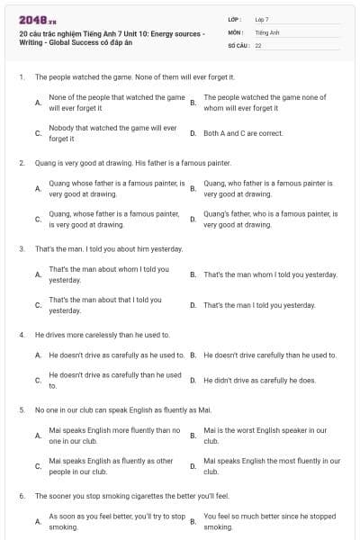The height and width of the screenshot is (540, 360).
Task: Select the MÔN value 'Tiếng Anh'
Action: [265, 31]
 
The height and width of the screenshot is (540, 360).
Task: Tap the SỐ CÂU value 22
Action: [258, 44]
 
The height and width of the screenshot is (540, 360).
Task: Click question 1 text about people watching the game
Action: [131, 77]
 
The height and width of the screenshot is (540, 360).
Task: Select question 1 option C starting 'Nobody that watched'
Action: [112, 133]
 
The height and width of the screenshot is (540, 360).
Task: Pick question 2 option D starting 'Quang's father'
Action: [270, 219]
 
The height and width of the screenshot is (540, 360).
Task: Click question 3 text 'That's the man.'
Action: [108, 248]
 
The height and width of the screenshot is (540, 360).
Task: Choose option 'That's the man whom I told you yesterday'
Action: [270, 274]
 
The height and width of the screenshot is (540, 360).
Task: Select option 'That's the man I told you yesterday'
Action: [259, 305]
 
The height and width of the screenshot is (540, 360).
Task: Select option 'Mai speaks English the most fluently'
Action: [272, 466]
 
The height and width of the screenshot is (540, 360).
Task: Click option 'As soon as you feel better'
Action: [117, 522]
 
